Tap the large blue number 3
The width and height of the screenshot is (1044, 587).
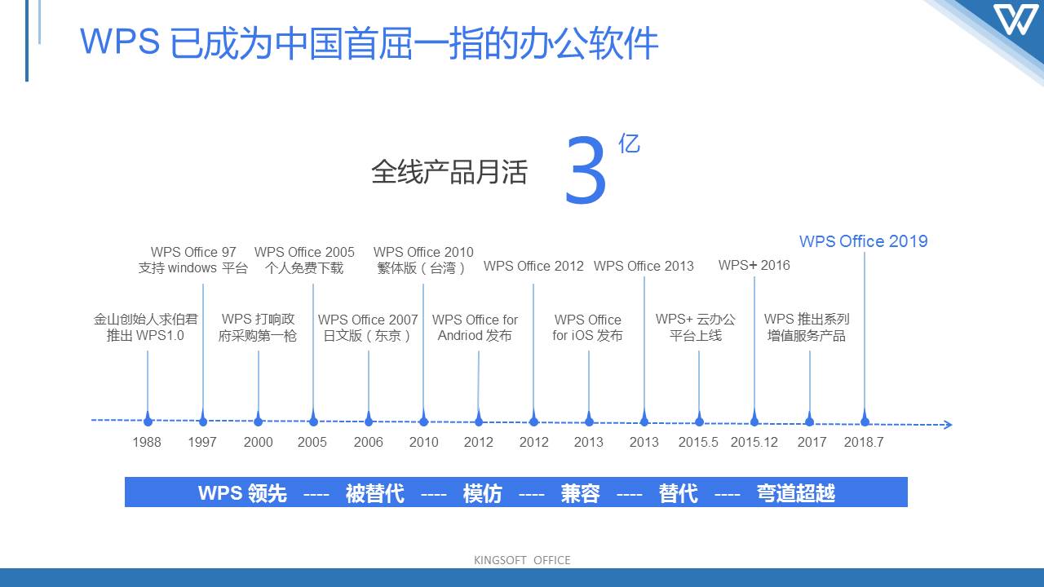(586, 170)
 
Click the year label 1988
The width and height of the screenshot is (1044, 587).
(147, 442)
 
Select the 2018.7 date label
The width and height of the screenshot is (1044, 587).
(864, 442)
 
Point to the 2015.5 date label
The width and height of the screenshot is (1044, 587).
(698, 442)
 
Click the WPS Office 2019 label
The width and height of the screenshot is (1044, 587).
(863, 241)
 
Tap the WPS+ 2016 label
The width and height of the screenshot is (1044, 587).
(754, 265)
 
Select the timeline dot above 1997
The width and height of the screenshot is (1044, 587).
(203, 421)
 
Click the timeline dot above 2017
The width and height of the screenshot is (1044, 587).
(810, 421)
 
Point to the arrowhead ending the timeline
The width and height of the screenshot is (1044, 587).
(948, 425)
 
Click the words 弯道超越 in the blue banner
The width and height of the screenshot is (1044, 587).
(795, 493)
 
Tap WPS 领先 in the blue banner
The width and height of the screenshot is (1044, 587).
(242, 493)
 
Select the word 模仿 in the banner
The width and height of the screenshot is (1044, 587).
(482, 493)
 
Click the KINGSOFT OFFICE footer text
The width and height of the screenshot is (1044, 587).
(522, 560)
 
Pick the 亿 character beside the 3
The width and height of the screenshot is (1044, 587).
(629, 143)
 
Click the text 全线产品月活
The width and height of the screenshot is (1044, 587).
(449, 171)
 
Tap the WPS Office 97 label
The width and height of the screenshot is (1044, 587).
(193, 252)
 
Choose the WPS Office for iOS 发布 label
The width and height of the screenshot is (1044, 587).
(588, 328)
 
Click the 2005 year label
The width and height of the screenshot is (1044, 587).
(312, 442)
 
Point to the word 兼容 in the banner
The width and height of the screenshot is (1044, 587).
(580, 493)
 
